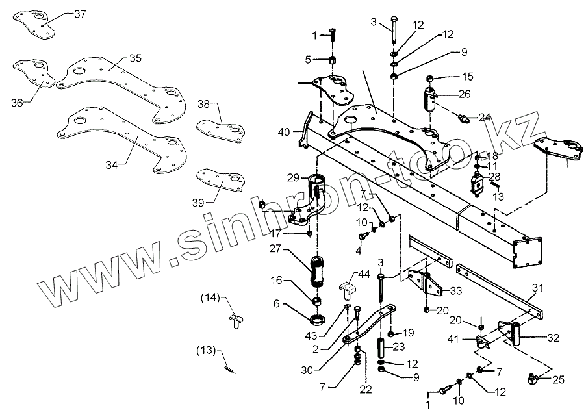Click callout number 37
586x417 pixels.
coord(79,13)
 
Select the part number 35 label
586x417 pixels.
coord(135,58)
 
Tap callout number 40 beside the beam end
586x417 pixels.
coord(283,132)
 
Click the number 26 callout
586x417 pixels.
coord(465,94)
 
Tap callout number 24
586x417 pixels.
coord(485,118)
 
